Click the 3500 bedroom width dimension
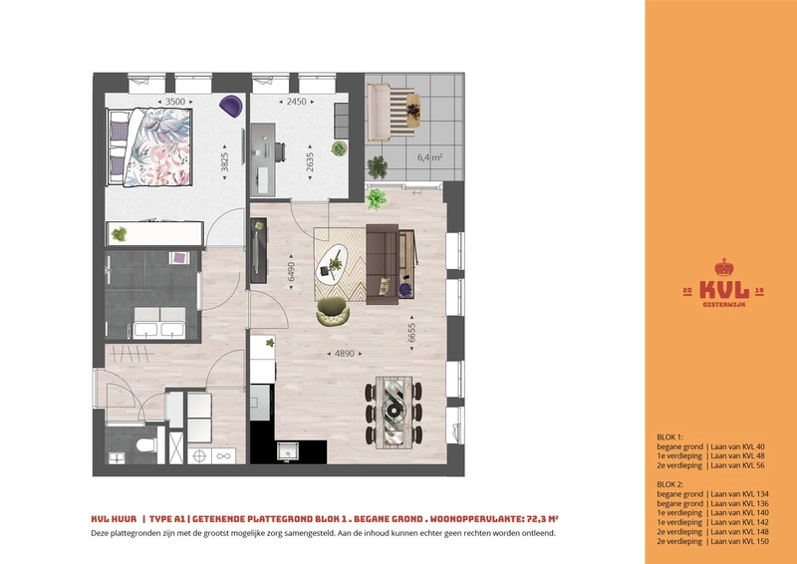(x=175, y=102)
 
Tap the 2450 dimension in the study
(x=296, y=102)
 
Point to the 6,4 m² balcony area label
(x=430, y=157)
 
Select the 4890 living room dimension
(x=344, y=354)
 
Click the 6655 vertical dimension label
(x=411, y=333)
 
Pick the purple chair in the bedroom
(x=231, y=106)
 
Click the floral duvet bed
(x=150, y=146)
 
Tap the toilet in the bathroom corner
(x=146, y=445)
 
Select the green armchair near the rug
(x=333, y=311)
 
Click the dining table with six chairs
(x=394, y=412)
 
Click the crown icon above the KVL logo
(x=724, y=267)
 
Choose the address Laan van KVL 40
(x=737, y=447)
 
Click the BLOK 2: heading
(x=669, y=484)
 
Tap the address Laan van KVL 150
(x=739, y=542)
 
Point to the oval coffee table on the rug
(x=332, y=264)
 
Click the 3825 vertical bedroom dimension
(x=225, y=162)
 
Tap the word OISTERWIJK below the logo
(x=724, y=305)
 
